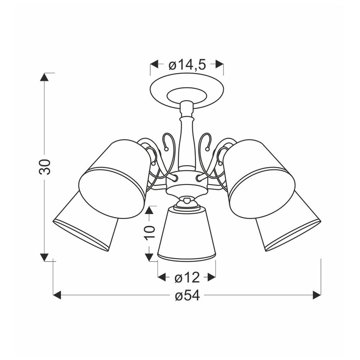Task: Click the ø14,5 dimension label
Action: [x=187, y=65]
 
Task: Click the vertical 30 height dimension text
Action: [x=45, y=166]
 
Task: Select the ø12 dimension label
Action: [x=187, y=277]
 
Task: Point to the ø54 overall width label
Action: [x=187, y=296]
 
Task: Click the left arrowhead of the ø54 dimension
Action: [x=57, y=295]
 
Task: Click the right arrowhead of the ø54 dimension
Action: [x=317, y=295]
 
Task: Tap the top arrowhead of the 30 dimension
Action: [x=44, y=77]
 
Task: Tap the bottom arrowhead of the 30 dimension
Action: [x=44, y=257]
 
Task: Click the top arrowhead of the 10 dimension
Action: [x=150, y=210]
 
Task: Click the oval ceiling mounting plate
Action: [x=187, y=90]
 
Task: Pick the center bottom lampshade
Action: [x=187, y=236]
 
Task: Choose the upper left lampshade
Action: [x=114, y=178]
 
